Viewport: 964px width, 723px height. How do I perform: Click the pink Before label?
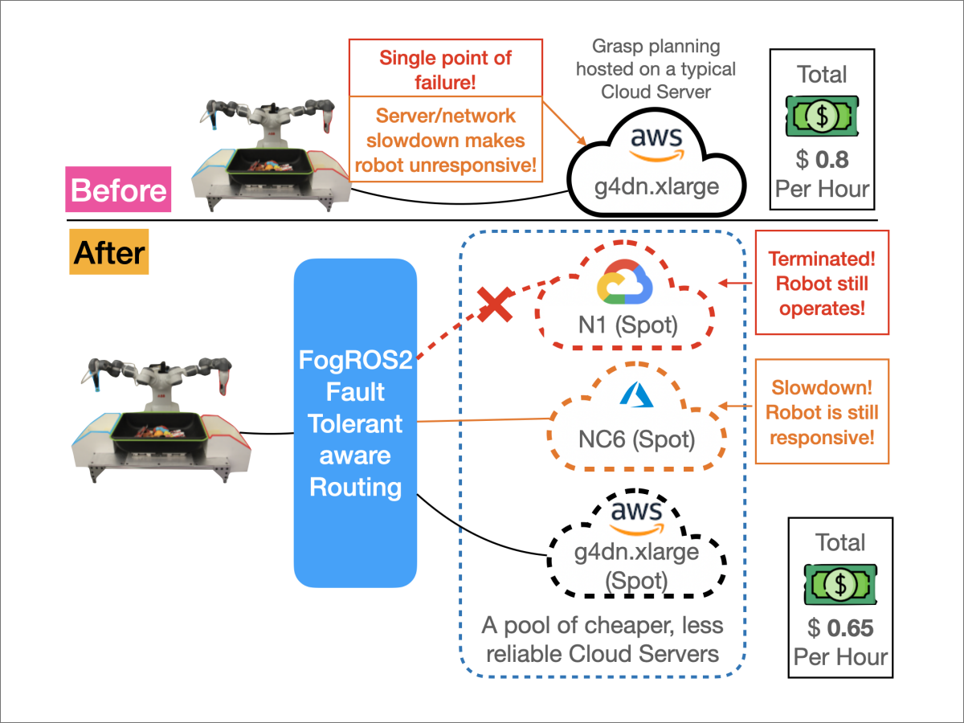click(x=119, y=190)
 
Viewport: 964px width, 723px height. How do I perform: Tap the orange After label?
click(x=109, y=253)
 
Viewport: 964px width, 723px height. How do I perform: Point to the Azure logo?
click(x=635, y=396)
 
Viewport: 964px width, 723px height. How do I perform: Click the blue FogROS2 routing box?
click(x=355, y=422)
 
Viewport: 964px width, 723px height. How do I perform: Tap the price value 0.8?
click(x=832, y=159)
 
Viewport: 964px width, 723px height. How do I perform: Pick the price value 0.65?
click(x=850, y=628)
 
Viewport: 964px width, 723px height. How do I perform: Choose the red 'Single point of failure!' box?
click(x=446, y=69)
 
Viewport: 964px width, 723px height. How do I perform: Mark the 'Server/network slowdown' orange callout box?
click(x=446, y=141)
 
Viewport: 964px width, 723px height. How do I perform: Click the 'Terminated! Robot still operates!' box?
click(x=822, y=283)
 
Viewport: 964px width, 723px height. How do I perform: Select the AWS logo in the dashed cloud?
click(x=636, y=516)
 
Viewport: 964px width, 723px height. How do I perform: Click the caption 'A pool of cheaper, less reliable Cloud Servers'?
click(x=602, y=639)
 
